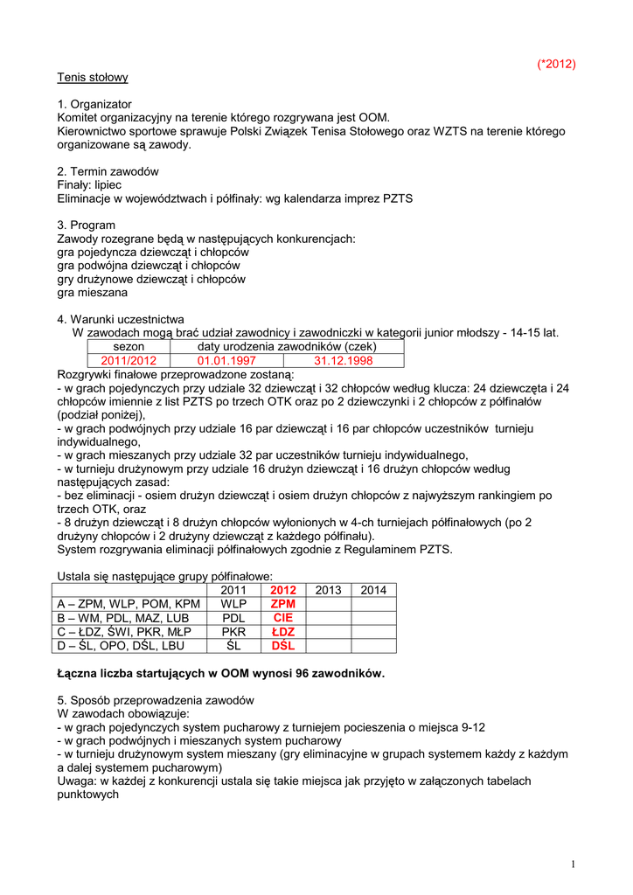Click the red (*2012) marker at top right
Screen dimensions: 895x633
point(556,64)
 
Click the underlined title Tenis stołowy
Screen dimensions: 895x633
point(93,77)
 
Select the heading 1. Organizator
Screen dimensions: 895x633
point(94,104)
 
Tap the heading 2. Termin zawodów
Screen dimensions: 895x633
point(108,171)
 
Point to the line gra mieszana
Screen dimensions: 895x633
point(92,293)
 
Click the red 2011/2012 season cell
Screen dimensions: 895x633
point(129,360)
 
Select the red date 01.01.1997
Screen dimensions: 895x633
point(226,360)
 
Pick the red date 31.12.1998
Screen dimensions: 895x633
point(344,360)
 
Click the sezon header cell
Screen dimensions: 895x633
point(129,347)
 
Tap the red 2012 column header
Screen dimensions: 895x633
point(283,591)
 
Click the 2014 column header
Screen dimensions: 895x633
point(373,591)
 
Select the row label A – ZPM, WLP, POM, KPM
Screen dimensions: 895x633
point(129,604)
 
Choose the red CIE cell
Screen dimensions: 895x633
point(283,618)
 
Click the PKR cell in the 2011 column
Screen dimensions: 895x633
point(233,632)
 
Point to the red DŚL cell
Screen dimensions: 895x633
point(283,646)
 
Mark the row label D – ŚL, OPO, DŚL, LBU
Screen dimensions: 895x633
point(121,646)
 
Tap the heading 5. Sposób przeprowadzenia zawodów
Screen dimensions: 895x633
point(156,701)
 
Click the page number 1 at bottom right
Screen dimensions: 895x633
point(573,864)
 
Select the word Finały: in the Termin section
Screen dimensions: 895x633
point(77,185)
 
